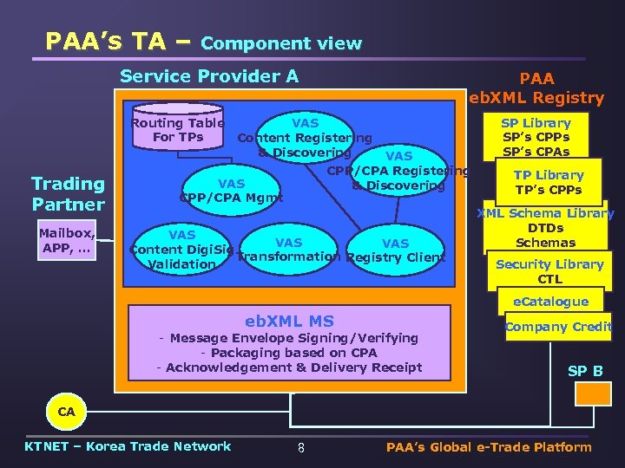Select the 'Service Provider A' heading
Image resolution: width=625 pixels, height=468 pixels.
pyautogui.click(x=209, y=76)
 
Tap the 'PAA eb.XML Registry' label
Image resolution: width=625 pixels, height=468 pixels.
pyautogui.click(x=536, y=88)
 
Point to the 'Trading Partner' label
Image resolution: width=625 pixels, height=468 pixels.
pyautogui.click(x=68, y=193)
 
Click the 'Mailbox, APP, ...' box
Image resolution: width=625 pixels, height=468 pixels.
pyautogui.click(x=67, y=240)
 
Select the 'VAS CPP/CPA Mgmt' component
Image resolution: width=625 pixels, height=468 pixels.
pyautogui.click(x=231, y=190)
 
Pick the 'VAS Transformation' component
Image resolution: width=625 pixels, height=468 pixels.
pyautogui.click(x=288, y=250)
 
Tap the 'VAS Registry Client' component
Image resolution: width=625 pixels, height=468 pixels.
pyautogui.click(x=395, y=250)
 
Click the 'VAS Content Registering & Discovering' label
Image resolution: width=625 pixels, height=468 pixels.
pyautogui.click(x=305, y=138)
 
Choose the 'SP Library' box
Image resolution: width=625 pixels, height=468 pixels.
pyautogui.click(x=536, y=137)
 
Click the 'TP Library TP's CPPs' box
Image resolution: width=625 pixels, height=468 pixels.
pyautogui.click(x=548, y=182)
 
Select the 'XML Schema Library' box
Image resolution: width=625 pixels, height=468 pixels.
pyautogui.click(x=546, y=228)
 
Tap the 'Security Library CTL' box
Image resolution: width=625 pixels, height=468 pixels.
pyautogui.click(x=549, y=271)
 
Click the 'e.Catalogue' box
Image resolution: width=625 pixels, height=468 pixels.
pyautogui.click(x=549, y=302)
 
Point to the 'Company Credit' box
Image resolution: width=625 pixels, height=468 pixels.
pyautogui.click(x=558, y=327)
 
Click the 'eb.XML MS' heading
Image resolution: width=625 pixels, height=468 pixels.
pyautogui.click(x=289, y=321)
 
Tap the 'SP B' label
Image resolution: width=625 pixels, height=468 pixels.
pyautogui.click(x=584, y=371)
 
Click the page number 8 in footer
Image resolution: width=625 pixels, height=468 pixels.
pyautogui.click(x=300, y=448)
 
